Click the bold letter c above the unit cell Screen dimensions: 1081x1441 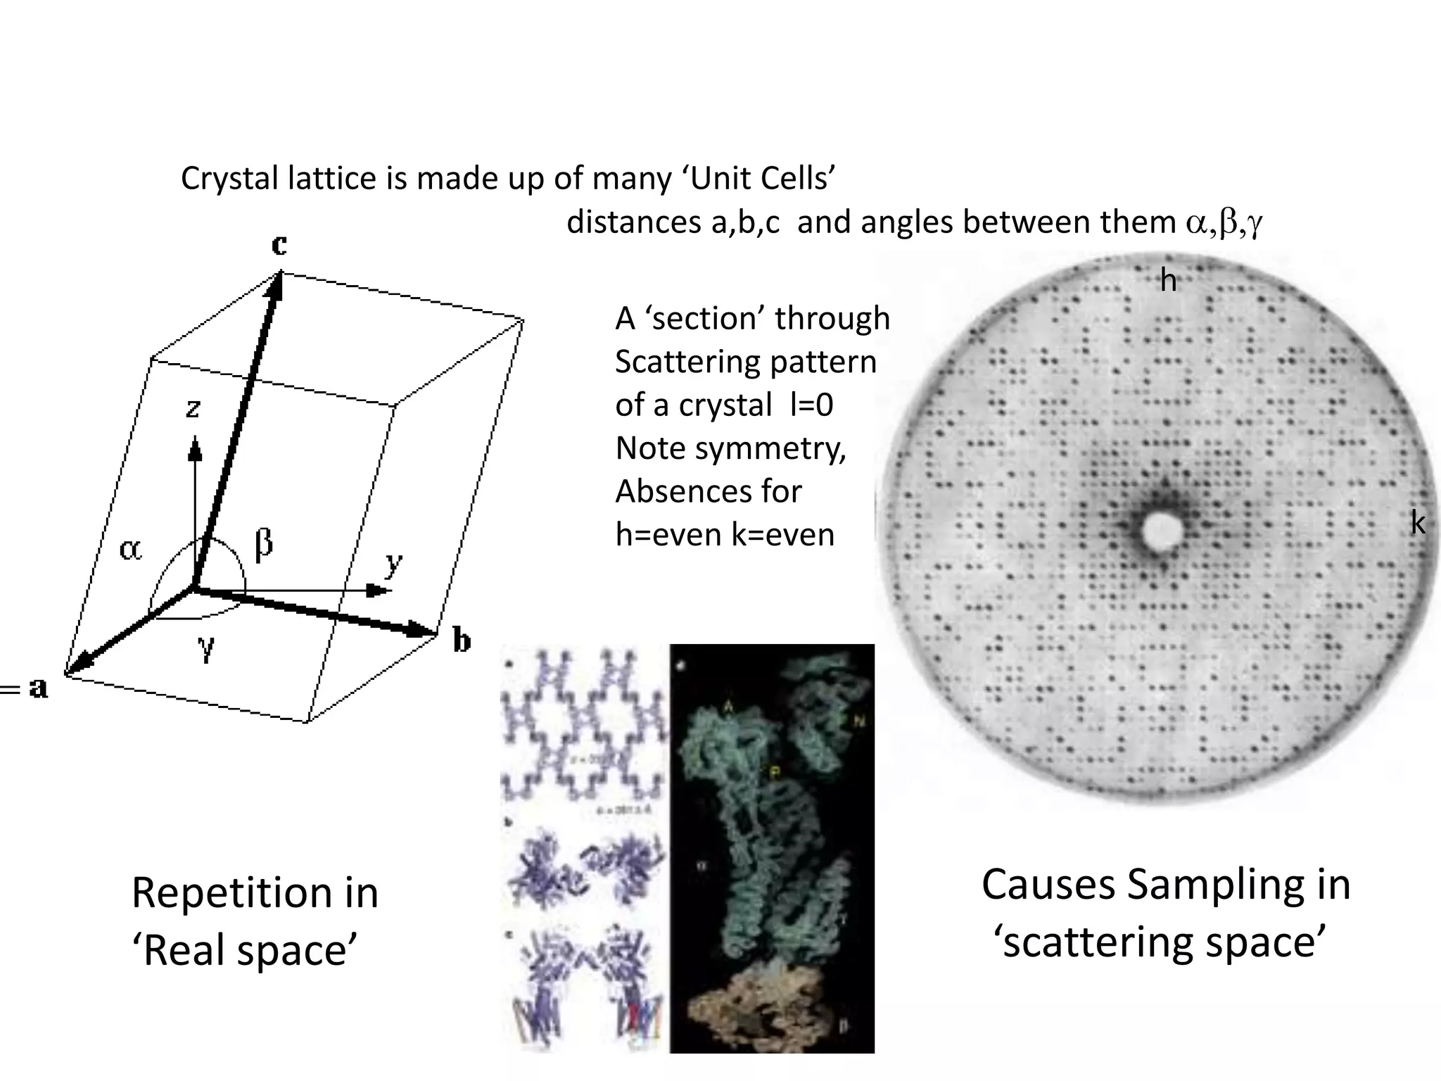(x=279, y=245)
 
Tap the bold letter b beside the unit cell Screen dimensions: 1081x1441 (x=462, y=640)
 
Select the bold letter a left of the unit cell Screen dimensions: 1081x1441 (x=39, y=688)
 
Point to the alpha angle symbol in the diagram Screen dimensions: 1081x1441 (x=130, y=549)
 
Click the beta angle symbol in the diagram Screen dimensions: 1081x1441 (x=264, y=543)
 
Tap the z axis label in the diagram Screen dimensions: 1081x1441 (x=193, y=408)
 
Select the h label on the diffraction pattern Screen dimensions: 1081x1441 (x=1168, y=281)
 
